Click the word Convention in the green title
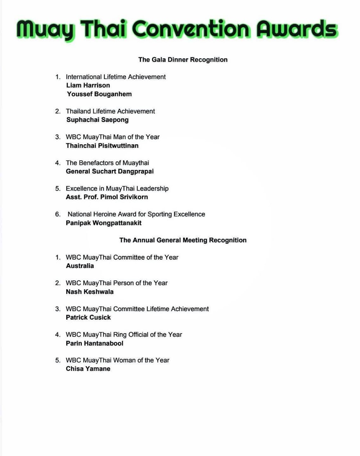pos(191,29)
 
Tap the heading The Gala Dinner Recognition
pos(183,60)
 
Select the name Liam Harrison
pos(88,85)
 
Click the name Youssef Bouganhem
pos(99,94)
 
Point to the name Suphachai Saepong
pos(98,120)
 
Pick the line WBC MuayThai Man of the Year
pos(113,137)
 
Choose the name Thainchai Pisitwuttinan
pos(102,146)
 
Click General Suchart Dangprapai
pos(110,171)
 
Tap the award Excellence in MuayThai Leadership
pos(117,188)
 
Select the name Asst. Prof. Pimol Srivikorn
pos(107,197)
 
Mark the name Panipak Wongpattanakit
pos(104,223)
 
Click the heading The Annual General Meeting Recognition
pos(183,240)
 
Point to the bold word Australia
pos(80,266)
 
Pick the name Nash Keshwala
pos(90,292)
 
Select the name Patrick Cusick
pos(88,318)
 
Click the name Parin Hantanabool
pos(95,343)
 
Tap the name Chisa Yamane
pos(88,369)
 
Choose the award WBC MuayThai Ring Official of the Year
pos(124,334)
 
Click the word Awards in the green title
pos(297,29)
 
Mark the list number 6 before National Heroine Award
pos(58,214)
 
